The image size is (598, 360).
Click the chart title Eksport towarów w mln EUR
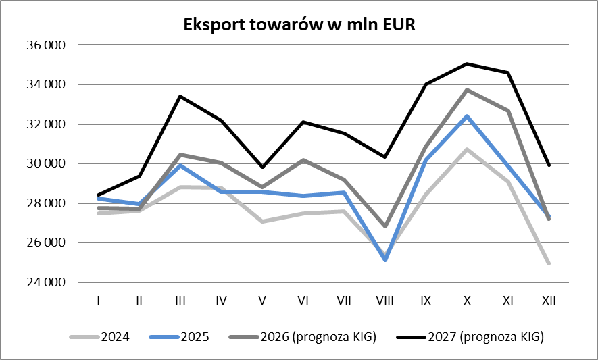(299, 25)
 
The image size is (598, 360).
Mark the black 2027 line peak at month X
(466, 64)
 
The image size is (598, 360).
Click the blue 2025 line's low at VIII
(384, 260)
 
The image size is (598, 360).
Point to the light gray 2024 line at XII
(548, 263)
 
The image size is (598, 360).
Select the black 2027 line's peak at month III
(180, 97)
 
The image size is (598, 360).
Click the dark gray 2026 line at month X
(466, 90)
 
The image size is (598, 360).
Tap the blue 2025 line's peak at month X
(466, 116)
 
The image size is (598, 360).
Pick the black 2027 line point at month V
(261, 167)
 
